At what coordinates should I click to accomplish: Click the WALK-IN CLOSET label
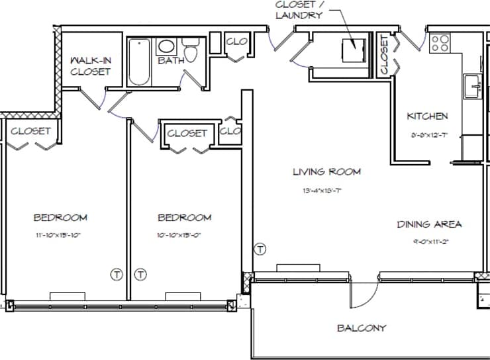click(x=90, y=66)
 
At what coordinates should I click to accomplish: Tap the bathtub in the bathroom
click(x=138, y=63)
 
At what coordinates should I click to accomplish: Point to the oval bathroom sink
click(x=166, y=47)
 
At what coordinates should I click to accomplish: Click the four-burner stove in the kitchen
click(x=440, y=44)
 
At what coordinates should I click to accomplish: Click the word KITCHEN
click(x=427, y=116)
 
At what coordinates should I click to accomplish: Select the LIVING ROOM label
click(x=327, y=172)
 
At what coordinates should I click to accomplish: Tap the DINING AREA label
click(x=429, y=224)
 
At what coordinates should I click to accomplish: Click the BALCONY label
click(x=361, y=328)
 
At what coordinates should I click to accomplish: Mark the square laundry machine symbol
click(x=352, y=50)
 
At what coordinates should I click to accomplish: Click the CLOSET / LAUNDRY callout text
click(x=299, y=9)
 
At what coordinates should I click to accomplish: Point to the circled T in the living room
click(x=260, y=249)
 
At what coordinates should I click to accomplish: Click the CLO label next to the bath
click(x=236, y=42)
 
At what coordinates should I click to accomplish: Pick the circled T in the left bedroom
click(x=117, y=274)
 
